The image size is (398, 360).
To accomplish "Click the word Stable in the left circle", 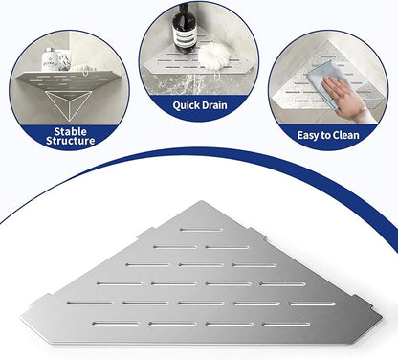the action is point(70,131).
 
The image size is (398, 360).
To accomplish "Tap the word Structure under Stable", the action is point(70,141).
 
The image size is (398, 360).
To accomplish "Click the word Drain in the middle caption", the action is point(214,105).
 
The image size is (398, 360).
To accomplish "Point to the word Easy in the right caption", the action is point(308,135).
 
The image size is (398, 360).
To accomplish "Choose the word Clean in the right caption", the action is point(345,135).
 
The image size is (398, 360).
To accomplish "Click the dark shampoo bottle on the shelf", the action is point(184,28).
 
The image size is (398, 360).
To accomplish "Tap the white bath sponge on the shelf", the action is point(213,55).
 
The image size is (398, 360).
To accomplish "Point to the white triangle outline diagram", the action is point(68,105).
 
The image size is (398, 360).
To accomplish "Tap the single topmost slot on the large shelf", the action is point(202,230).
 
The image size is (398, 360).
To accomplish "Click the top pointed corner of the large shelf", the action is point(202,201).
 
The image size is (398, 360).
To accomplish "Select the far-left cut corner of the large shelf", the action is point(23,318).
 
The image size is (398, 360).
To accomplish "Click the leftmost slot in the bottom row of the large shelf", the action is point(116,324).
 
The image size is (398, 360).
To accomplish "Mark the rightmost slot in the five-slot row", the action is point(312,304).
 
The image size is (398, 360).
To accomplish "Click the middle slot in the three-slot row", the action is point(201,265).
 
